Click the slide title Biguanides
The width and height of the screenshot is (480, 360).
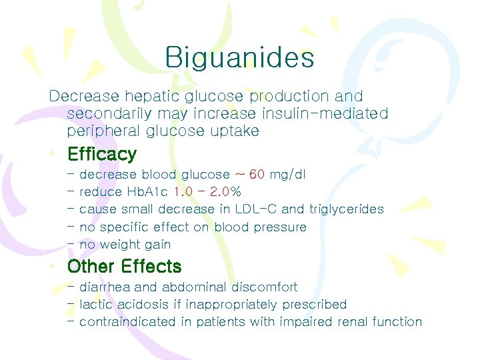point(239,58)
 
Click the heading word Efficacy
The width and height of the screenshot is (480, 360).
point(102,155)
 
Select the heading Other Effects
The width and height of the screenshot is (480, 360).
point(124,267)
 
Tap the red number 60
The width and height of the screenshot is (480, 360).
point(257,175)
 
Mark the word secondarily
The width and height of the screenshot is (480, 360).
point(108,114)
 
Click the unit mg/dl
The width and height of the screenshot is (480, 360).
point(288,175)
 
